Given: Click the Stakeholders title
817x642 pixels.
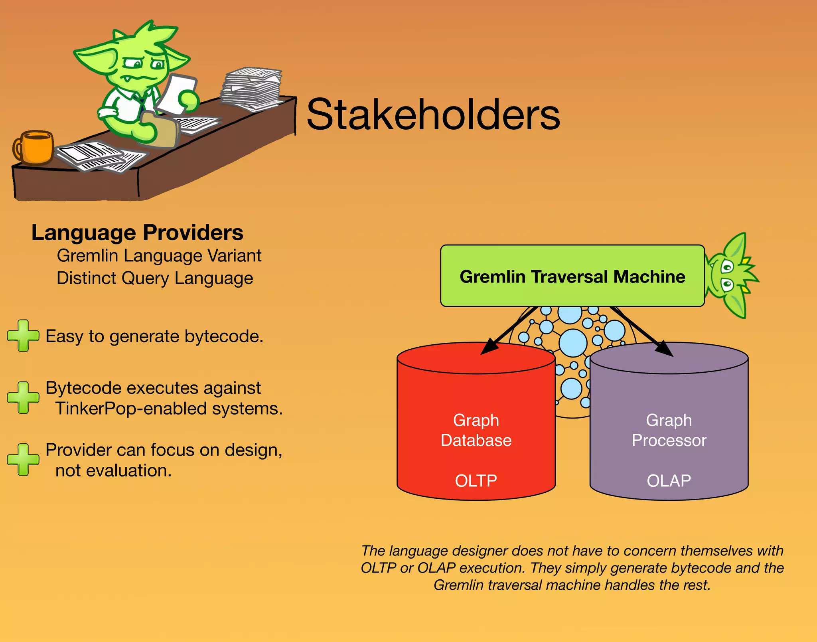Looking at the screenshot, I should [x=433, y=115].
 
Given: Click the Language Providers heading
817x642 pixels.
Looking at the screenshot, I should [x=137, y=233].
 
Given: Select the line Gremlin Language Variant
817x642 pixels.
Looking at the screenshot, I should [x=159, y=256].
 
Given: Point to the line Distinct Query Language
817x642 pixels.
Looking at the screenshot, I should [x=155, y=278].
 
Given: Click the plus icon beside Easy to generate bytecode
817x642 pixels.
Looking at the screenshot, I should [x=23, y=336].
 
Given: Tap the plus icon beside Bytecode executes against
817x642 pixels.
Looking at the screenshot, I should [x=23, y=397].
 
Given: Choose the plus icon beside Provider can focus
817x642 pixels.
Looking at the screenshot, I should [x=23, y=460].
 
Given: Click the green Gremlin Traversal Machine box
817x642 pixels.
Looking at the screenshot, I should [x=572, y=276].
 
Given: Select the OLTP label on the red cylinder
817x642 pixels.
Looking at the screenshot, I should [x=476, y=481].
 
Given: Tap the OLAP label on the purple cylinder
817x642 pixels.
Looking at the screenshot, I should [x=669, y=481].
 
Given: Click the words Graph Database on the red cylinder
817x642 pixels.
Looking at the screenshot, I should [x=476, y=431].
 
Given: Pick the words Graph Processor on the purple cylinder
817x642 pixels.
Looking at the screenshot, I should [x=669, y=431].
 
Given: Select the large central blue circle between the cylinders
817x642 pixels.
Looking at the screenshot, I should [x=573, y=343].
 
